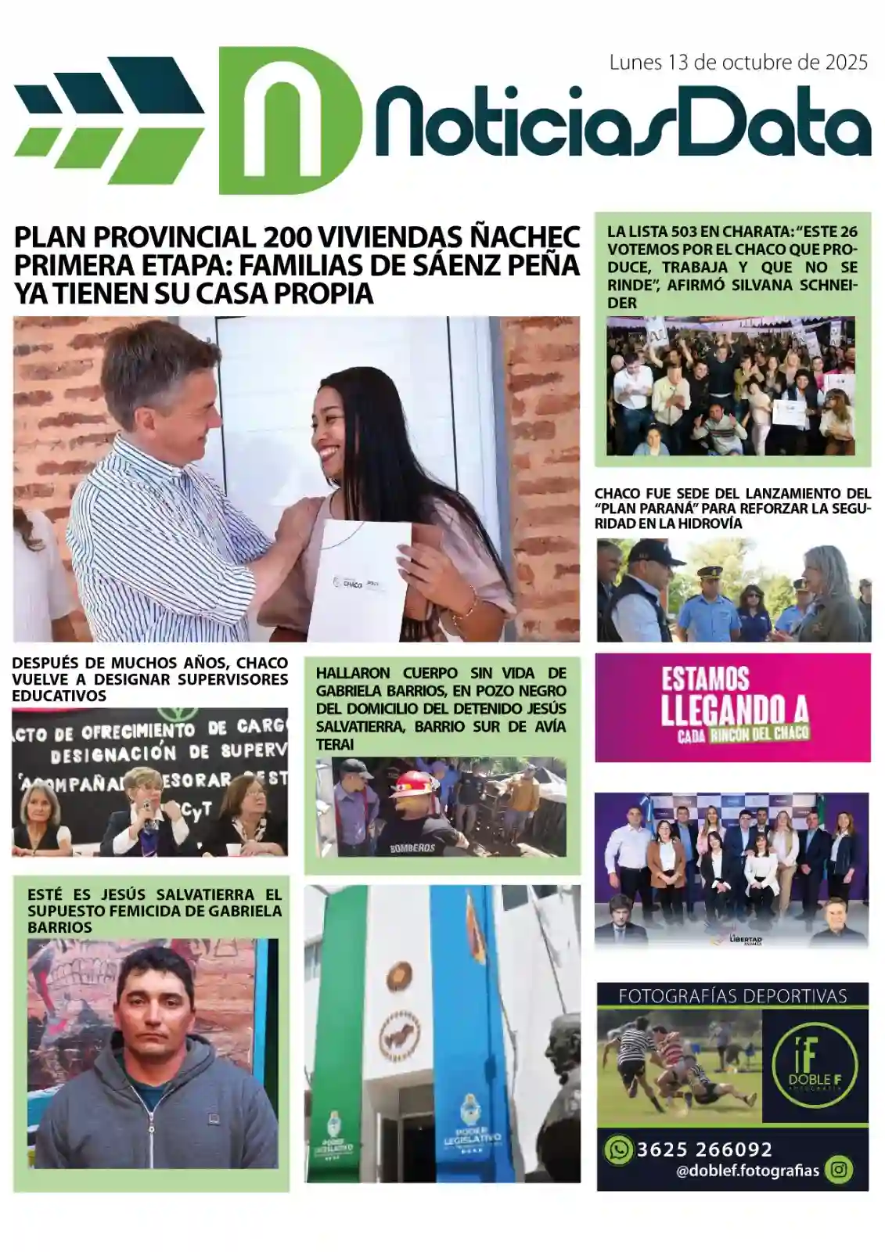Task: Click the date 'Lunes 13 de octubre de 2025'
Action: pos(738,63)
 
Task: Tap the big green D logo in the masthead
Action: pos(290,121)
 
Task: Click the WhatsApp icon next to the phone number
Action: pos(618,1149)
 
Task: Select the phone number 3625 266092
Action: pos(704,1149)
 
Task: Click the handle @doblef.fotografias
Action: pos(747,1171)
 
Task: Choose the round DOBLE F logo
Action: pos(814,1065)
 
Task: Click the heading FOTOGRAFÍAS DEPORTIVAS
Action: pos(732,996)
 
